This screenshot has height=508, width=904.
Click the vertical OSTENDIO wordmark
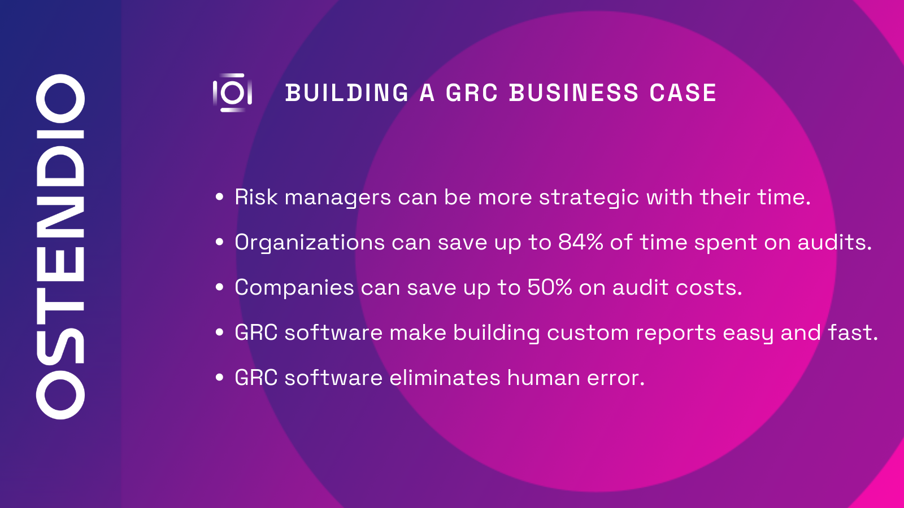pyautogui.click(x=60, y=247)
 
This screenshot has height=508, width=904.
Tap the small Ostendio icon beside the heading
pyautogui.click(x=232, y=93)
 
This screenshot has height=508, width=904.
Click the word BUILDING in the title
pyautogui.click(x=347, y=93)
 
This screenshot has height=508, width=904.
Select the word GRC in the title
pyautogui.click(x=471, y=93)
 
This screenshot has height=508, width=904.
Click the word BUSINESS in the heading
pyautogui.click(x=573, y=93)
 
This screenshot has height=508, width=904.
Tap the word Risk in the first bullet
pyautogui.click(x=256, y=198)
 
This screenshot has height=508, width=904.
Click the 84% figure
pyautogui.click(x=580, y=242)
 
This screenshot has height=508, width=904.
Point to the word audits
pyautogui.click(x=834, y=242)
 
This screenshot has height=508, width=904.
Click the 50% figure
pyautogui.click(x=549, y=287)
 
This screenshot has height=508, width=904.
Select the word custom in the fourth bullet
pyautogui.click(x=588, y=332)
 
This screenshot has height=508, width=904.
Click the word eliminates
pyautogui.click(x=445, y=378)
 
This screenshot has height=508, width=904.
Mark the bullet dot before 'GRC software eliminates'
pyautogui.click(x=220, y=378)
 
